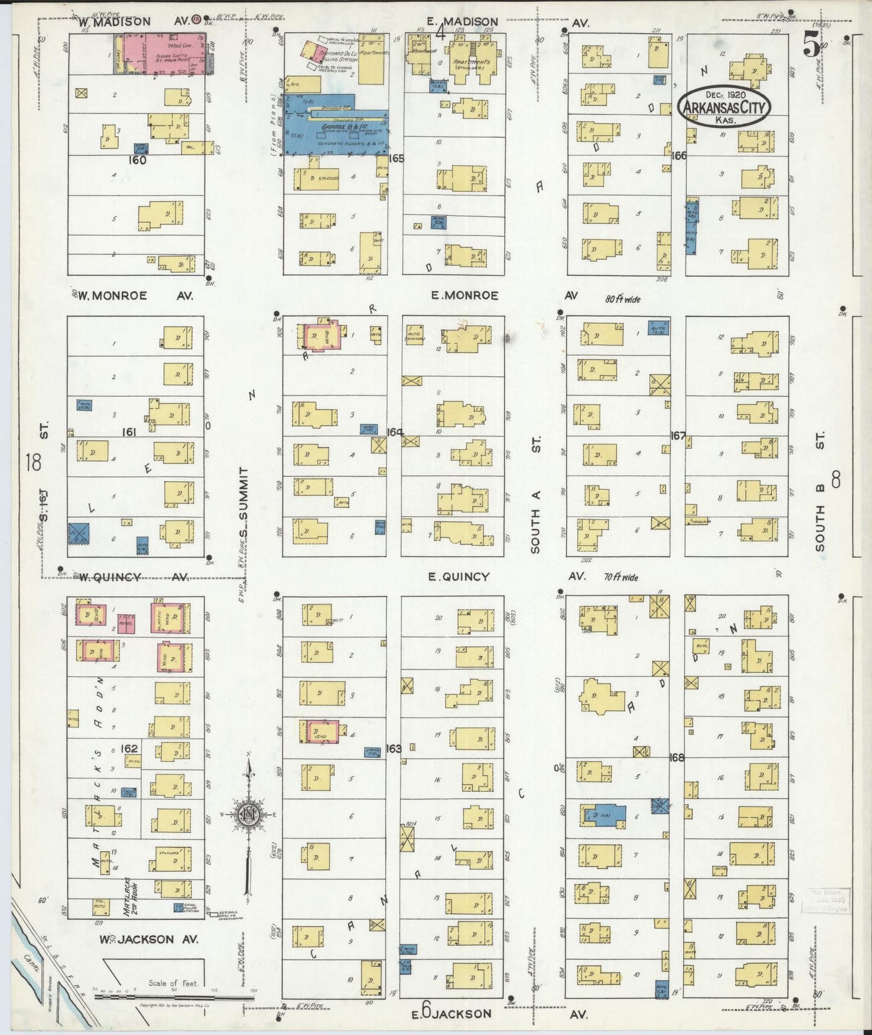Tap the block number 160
(x=137, y=161)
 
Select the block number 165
(x=396, y=159)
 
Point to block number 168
(x=677, y=757)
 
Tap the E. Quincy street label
(x=459, y=577)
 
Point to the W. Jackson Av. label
(x=145, y=939)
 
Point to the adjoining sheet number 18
(x=33, y=463)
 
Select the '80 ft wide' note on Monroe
(x=623, y=298)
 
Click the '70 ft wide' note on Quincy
(x=621, y=577)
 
